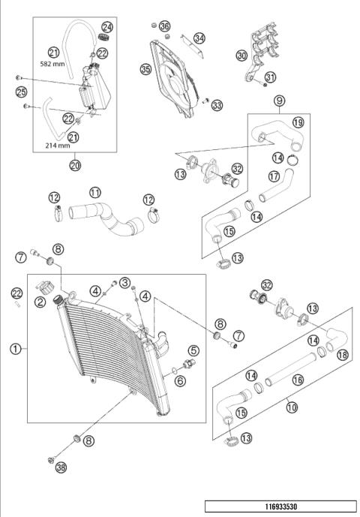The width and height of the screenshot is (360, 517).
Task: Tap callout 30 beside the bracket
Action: (241, 55)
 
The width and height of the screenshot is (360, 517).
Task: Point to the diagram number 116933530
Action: (280, 506)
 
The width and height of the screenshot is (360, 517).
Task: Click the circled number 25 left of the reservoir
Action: (23, 93)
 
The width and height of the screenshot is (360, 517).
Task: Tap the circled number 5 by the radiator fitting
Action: (193, 350)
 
